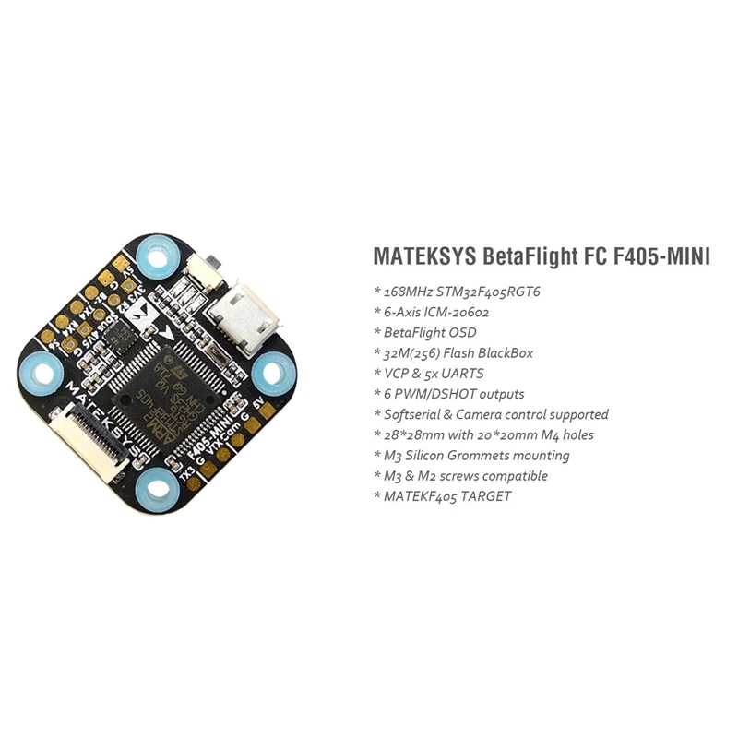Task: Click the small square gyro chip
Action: [116, 340]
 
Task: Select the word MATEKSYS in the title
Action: [423, 256]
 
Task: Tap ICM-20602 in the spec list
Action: [451, 312]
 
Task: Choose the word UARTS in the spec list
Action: [466, 373]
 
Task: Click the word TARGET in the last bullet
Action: [482, 496]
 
